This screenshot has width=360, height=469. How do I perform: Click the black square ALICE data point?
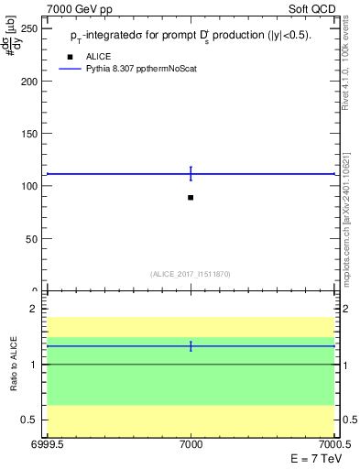pyautogui.click(x=191, y=198)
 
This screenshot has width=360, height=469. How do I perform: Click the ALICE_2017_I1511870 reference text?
pyautogui.click(x=191, y=274)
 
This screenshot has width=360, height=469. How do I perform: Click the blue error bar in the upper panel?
pyautogui.click(x=191, y=173)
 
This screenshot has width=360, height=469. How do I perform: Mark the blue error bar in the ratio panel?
pyautogui.click(x=191, y=345)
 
